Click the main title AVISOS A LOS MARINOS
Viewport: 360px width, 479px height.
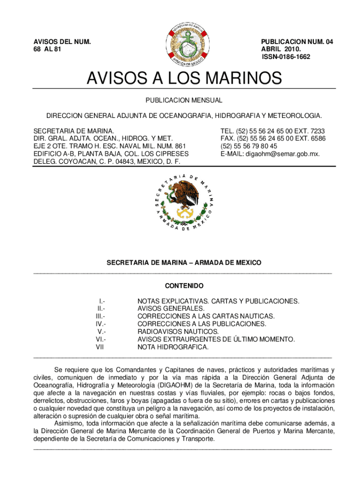coord(184,78)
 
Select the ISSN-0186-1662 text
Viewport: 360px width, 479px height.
coord(286,57)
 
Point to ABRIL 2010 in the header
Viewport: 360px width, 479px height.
coord(281,49)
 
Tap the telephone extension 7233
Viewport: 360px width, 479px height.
coord(316,131)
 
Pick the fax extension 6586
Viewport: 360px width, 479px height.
coord(317,138)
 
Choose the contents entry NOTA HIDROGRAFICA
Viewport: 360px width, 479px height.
coord(173,347)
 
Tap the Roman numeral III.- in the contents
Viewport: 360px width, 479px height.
coord(100,316)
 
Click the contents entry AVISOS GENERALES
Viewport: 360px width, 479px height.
coord(171,309)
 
